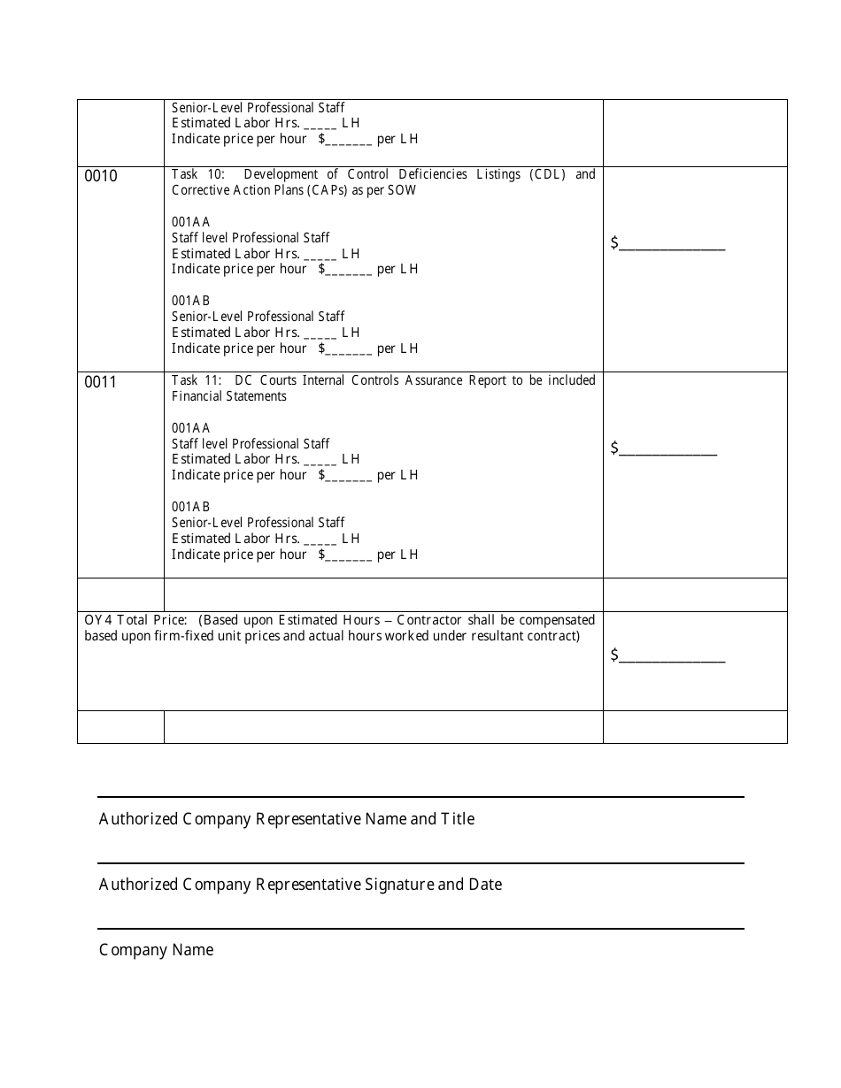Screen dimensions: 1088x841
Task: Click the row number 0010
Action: [100, 176]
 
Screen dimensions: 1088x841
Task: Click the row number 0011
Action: [100, 382]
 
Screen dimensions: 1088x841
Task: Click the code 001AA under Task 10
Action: [190, 222]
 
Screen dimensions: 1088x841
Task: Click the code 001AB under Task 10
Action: [190, 301]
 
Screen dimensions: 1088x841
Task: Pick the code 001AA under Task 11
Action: [190, 428]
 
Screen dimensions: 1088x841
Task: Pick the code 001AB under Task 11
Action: [190, 507]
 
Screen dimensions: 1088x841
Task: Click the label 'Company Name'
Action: [156, 950]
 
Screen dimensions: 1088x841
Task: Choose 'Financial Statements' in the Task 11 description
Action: [229, 396]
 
